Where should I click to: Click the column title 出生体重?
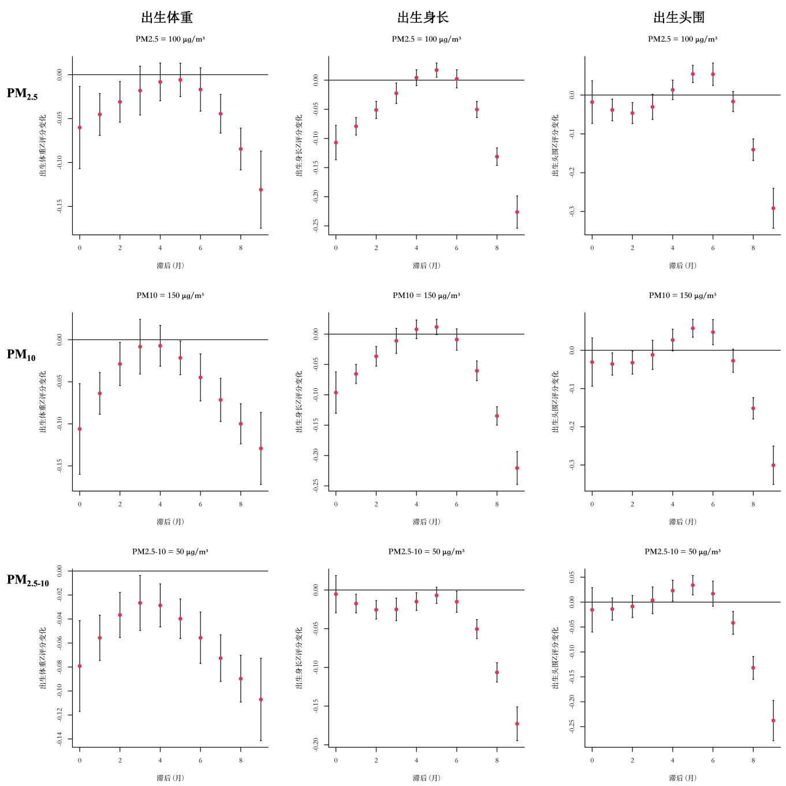tap(167, 18)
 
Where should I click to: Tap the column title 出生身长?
tap(423, 18)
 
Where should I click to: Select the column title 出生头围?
tap(679, 18)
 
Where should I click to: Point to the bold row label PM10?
tap(21, 355)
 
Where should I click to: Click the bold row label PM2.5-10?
tap(28, 580)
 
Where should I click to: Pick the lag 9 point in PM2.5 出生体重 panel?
tap(261, 189)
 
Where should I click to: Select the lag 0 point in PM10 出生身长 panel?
tap(336, 393)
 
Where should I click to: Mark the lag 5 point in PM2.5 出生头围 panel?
tap(693, 74)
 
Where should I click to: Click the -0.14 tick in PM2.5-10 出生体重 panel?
tap(59, 739)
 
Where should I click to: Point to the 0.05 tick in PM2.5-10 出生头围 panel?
tap(572, 578)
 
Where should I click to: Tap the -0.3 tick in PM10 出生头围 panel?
tap(572, 465)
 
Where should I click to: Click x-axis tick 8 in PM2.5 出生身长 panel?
tap(497, 248)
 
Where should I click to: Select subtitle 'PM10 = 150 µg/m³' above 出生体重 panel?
tap(170, 295)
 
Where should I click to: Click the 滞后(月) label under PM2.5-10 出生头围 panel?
tap(683, 778)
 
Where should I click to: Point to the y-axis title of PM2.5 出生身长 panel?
tap(299, 145)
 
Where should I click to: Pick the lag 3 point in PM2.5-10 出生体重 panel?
tap(140, 603)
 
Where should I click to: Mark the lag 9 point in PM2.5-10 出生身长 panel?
tap(517, 724)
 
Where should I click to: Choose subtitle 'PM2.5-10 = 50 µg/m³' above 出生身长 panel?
tap(426, 552)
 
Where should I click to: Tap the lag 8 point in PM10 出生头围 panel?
tap(753, 408)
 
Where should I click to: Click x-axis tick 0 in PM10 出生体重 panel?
tap(80, 504)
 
